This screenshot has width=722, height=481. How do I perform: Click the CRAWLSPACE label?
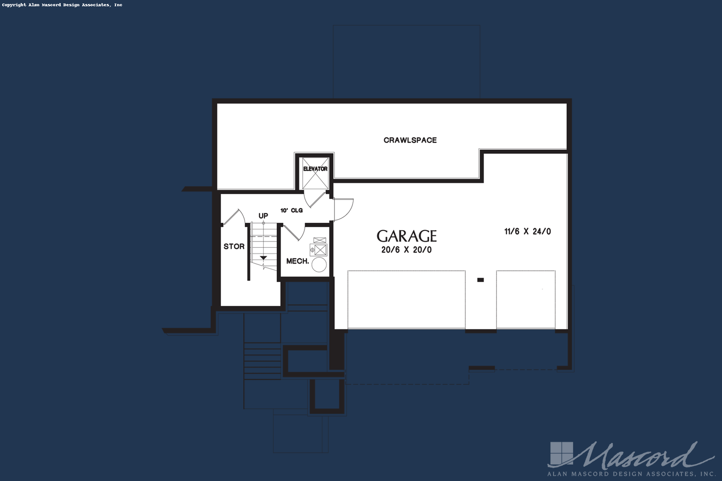click(410, 140)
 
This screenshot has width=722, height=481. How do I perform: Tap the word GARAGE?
click(407, 236)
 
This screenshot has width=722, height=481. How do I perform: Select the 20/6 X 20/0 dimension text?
click(406, 250)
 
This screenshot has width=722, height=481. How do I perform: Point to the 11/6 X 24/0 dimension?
click(528, 231)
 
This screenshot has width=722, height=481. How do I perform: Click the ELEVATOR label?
click(315, 169)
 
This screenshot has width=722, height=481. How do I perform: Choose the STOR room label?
click(234, 246)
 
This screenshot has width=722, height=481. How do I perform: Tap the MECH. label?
click(298, 261)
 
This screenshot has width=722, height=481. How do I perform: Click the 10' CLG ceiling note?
click(291, 210)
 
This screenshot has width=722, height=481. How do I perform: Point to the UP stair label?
click(263, 216)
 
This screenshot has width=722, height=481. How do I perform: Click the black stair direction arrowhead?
click(264, 258)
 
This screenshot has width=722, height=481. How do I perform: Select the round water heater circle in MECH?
click(319, 265)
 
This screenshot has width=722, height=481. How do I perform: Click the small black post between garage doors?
click(480, 280)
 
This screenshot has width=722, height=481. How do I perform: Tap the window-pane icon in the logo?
click(562, 453)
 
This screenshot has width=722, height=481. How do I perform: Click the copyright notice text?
click(62, 5)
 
